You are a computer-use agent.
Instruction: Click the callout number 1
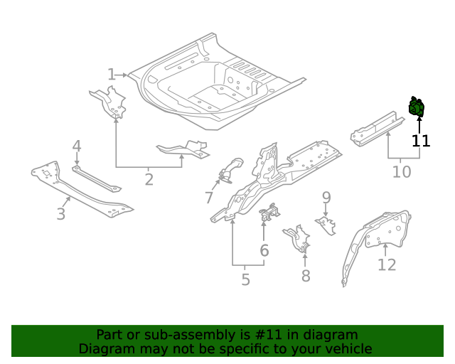(x=112, y=75)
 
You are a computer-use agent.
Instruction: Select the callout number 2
(x=149, y=180)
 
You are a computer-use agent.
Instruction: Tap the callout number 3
(x=60, y=214)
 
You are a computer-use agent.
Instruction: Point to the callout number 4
(x=77, y=146)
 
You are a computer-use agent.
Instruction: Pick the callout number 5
(x=245, y=279)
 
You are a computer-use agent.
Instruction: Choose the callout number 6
(x=264, y=250)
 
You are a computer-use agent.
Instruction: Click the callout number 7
(x=209, y=198)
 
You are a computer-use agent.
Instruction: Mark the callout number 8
(x=306, y=276)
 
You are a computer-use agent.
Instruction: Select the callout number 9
(x=326, y=198)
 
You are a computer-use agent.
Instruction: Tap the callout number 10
(x=402, y=172)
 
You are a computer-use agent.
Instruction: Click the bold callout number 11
(x=421, y=141)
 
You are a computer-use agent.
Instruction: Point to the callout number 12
(x=387, y=264)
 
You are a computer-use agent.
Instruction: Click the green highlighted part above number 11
(x=417, y=107)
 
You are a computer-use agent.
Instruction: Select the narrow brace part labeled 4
(x=97, y=179)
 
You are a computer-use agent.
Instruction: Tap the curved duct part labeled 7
(x=230, y=171)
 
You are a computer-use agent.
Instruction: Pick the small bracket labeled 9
(x=326, y=225)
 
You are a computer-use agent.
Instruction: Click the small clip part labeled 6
(x=270, y=213)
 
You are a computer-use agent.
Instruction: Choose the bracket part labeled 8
(x=297, y=239)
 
